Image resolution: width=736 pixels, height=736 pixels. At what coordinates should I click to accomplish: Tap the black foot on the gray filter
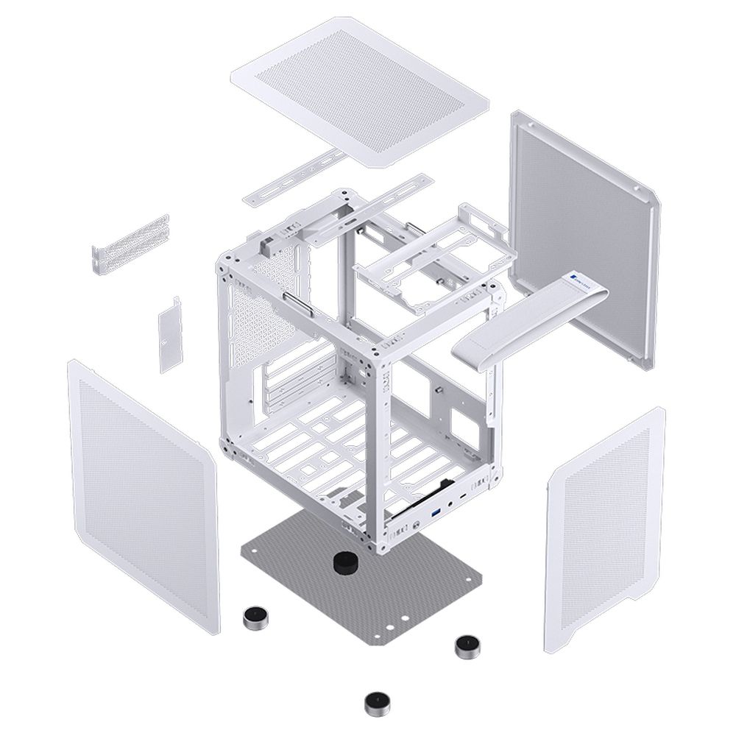coord(344,563)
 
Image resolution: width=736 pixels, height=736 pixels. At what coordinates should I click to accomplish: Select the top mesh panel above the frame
coord(360,88)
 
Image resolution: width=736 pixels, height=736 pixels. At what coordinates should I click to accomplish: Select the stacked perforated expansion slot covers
coord(131,243)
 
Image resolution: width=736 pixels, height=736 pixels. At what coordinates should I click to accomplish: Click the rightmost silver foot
coord(465,646)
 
